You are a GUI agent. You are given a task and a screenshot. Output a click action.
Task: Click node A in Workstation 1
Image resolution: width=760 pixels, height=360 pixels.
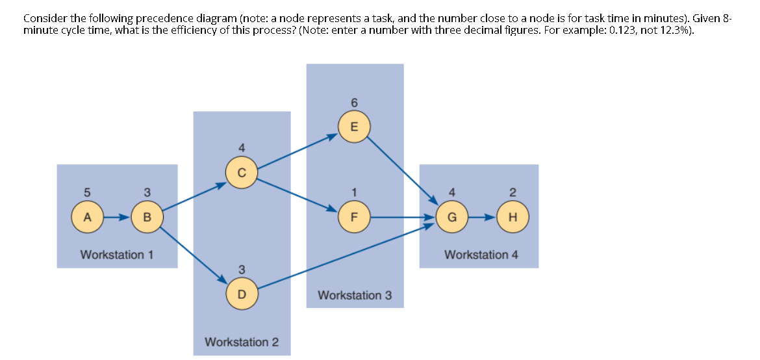[87, 216]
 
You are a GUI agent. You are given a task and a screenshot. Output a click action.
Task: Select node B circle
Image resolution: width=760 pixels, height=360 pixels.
[147, 216]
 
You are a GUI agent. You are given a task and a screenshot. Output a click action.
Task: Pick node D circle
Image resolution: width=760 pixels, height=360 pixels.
[242, 294]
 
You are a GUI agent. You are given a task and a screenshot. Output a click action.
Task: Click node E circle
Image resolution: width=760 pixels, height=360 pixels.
[354, 127]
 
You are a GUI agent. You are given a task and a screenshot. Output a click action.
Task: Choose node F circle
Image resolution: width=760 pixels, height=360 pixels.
[354, 216]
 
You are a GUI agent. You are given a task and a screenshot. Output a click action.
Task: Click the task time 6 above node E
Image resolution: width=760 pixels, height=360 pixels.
[354, 103]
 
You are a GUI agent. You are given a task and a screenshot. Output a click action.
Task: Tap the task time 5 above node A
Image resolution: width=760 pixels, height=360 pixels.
[87, 192]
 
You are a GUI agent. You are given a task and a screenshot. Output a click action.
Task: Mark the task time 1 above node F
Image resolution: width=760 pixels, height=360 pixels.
[354, 192]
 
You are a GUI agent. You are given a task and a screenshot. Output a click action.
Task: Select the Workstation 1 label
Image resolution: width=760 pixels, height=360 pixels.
[117, 254]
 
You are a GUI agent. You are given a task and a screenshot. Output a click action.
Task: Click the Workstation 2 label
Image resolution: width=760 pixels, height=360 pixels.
[242, 342]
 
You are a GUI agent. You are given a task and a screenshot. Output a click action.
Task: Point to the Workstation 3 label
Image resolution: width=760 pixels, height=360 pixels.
[355, 295]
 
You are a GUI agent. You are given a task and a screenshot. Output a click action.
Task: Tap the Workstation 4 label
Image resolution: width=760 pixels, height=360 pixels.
[481, 254]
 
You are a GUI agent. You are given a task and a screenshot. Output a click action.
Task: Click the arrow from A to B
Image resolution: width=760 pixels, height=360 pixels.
[117, 216]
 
